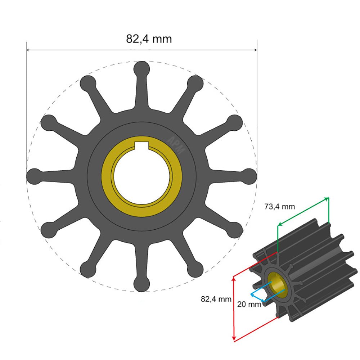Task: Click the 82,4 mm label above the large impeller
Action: pos(149,39)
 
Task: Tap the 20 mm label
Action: pos(249,304)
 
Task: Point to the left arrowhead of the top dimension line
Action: pos(28,50)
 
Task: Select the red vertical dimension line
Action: pos(234,308)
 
